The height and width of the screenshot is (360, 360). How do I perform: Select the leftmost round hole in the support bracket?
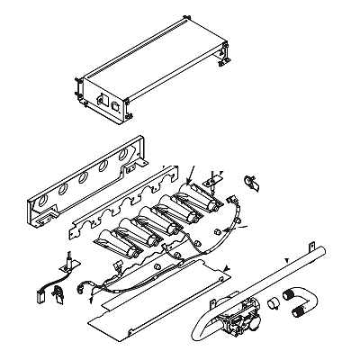pos(42,188)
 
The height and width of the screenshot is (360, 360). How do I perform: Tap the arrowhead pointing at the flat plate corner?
pos(228,268)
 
